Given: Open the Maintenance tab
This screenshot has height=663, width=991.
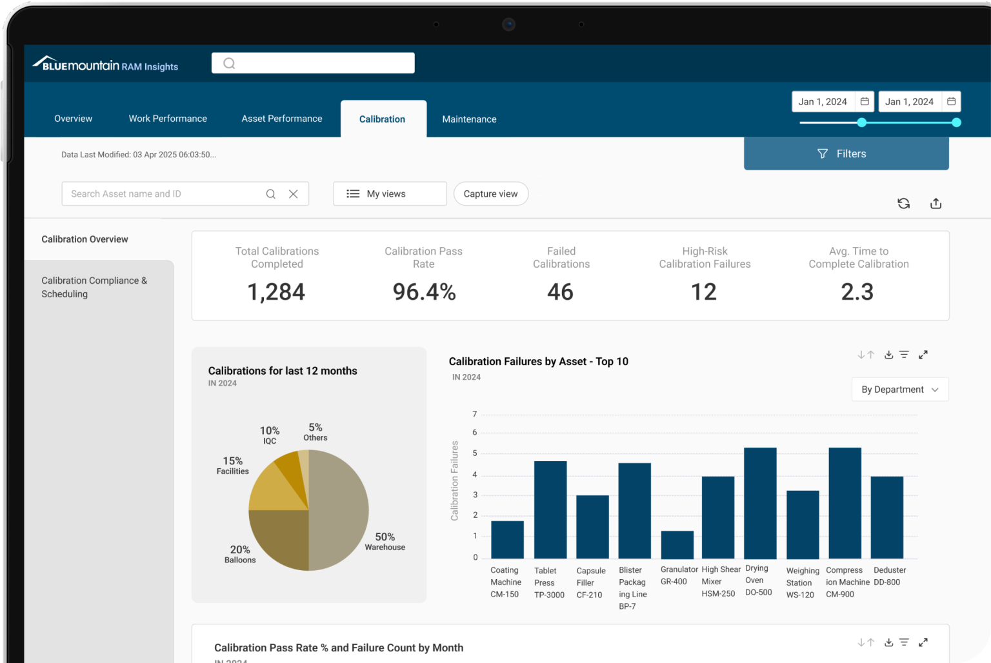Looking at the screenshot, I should (469, 119).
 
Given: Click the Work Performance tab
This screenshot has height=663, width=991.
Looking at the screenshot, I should (168, 119).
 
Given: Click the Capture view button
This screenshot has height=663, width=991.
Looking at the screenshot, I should (490, 194).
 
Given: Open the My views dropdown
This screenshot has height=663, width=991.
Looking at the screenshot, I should (390, 194).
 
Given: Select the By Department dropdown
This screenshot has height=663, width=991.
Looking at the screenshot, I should (899, 390).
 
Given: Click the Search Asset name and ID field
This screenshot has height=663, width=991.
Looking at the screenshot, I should (165, 194).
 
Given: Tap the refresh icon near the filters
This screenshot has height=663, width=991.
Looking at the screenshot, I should (903, 204).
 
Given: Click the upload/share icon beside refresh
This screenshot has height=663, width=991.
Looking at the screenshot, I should (936, 204).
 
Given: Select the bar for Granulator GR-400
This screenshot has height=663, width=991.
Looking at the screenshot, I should (677, 545).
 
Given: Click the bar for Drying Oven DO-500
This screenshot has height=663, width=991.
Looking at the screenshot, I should (759, 503).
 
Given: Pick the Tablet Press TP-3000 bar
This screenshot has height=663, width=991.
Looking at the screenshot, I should (550, 510).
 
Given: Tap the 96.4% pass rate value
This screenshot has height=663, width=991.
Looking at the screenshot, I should (424, 292).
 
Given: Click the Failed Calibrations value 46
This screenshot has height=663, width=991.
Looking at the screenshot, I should (560, 292).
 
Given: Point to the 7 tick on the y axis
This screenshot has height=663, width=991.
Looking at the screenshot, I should (475, 414).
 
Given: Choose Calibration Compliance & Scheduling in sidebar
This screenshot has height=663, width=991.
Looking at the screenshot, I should (94, 287).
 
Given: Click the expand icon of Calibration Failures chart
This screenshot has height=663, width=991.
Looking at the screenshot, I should (923, 355).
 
